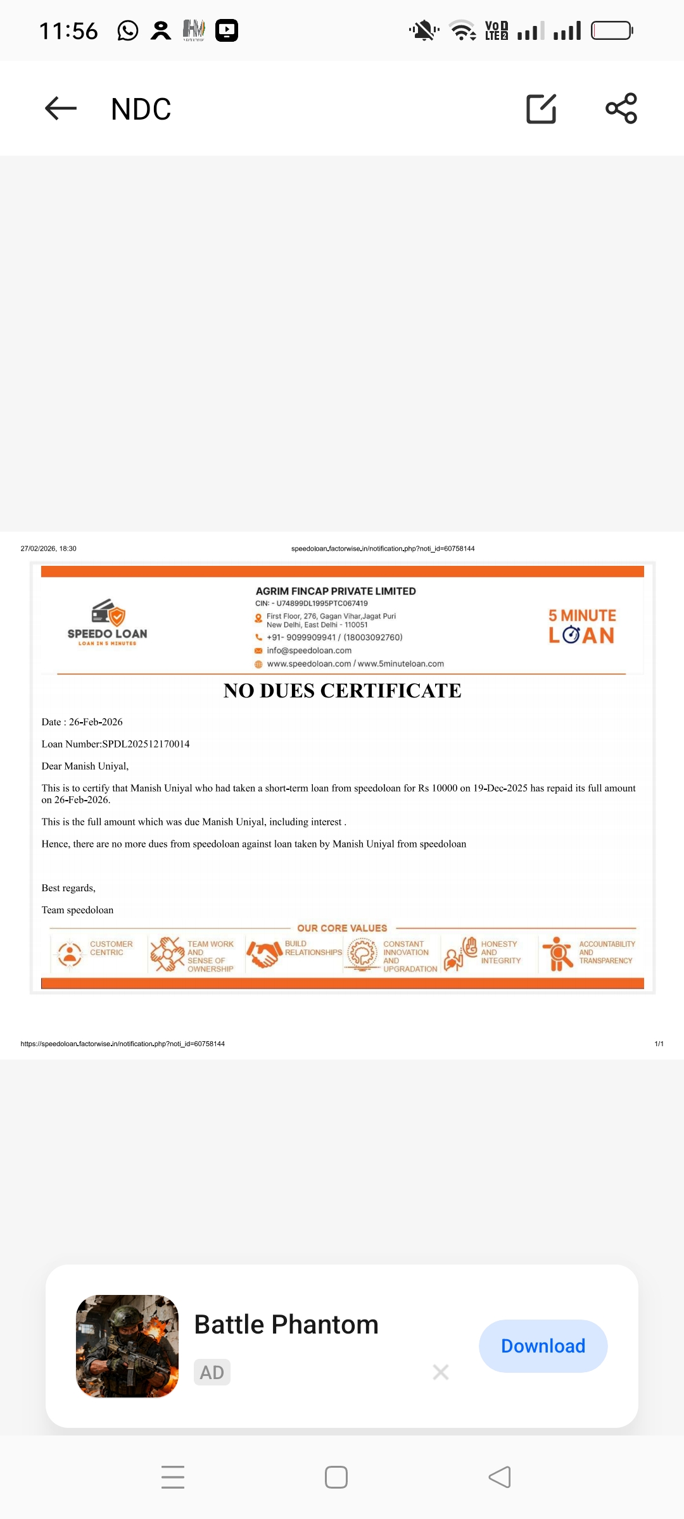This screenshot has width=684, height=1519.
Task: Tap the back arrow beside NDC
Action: coord(61,108)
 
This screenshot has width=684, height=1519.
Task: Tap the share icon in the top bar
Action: coord(621,108)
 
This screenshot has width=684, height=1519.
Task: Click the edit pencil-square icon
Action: coord(541,108)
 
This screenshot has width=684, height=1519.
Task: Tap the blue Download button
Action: coord(543,1346)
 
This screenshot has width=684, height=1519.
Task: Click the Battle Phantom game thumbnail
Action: coord(127,1346)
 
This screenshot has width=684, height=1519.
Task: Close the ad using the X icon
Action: coord(441,1372)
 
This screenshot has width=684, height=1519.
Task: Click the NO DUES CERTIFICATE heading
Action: coord(342,691)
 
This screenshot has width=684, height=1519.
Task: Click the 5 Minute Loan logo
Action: coord(581,626)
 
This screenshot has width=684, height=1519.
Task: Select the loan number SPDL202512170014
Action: coord(146,744)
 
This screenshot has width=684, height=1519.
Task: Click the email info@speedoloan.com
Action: coord(309,651)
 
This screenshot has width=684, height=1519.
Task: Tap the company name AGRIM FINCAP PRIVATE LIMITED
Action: coord(336,591)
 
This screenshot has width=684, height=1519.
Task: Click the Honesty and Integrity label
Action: coord(500,952)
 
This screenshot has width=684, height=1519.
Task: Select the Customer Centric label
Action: coord(111,948)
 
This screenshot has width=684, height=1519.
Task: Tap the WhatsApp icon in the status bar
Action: coord(128,30)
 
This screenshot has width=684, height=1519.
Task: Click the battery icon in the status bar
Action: coord(612,30)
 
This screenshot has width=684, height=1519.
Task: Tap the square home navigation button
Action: coord(336,1477)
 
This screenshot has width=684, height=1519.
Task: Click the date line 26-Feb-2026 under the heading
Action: coord(82,722)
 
